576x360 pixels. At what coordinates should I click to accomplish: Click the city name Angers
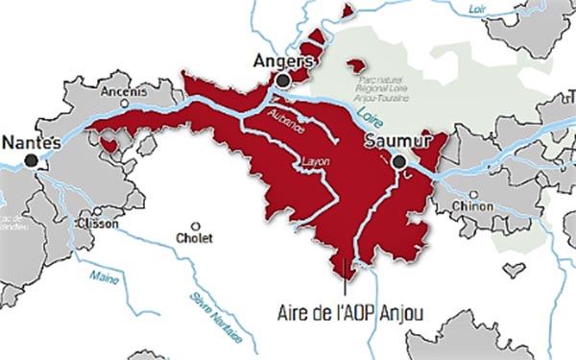pyautogui.click(x=281, y=61)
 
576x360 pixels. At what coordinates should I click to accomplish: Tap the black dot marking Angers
pyautogui.click(x=282, y=83)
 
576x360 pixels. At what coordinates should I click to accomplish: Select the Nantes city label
pyautogui.click(x=32, y=142)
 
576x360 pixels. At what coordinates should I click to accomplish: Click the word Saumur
pyautogui.click(x=395, y=142)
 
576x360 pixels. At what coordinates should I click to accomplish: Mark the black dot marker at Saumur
pyautogui.click(x=398, y=163)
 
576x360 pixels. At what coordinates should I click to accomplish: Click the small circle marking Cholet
pyautogui.click(x=196, y=226)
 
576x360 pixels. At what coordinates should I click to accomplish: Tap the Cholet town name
pyautogui.click(x=196, y=239)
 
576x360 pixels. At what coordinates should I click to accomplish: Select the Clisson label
pyautogui.click(x=100, y=224)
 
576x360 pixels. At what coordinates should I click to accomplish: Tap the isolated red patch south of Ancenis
pyautogui.click(x=109, y=144)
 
